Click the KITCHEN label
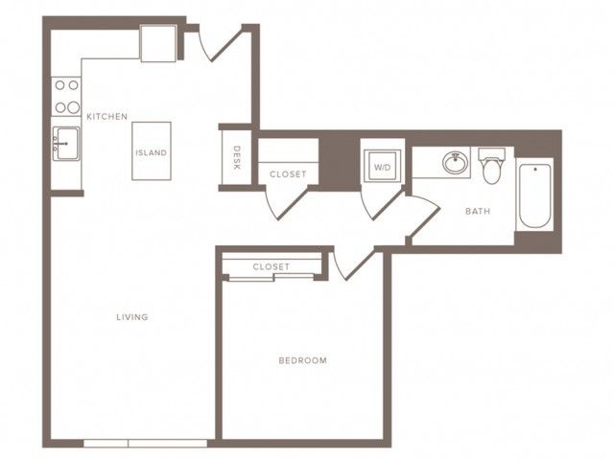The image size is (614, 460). coord(106,117)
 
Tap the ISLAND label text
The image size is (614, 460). coord(152,152)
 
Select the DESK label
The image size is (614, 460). coord(237,157)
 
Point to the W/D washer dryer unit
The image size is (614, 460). coord(382,166)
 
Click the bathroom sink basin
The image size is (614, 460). coord(456,162)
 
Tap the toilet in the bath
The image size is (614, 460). coord(492,166)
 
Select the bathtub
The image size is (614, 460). coord(535,195)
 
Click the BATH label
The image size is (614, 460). coord(478,211)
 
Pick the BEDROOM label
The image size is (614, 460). coord(303,360)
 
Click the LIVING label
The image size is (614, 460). coord(132,317)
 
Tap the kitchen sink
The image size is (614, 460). coord(66,144)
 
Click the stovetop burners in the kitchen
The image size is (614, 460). coord(66,96)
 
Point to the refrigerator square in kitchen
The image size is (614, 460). coord(158,43)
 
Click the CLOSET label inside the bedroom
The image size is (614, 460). coord(271,266)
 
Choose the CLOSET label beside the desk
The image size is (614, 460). coord(288,174)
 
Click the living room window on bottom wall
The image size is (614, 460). coord(145,443)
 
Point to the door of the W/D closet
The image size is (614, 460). coord(382,204)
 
